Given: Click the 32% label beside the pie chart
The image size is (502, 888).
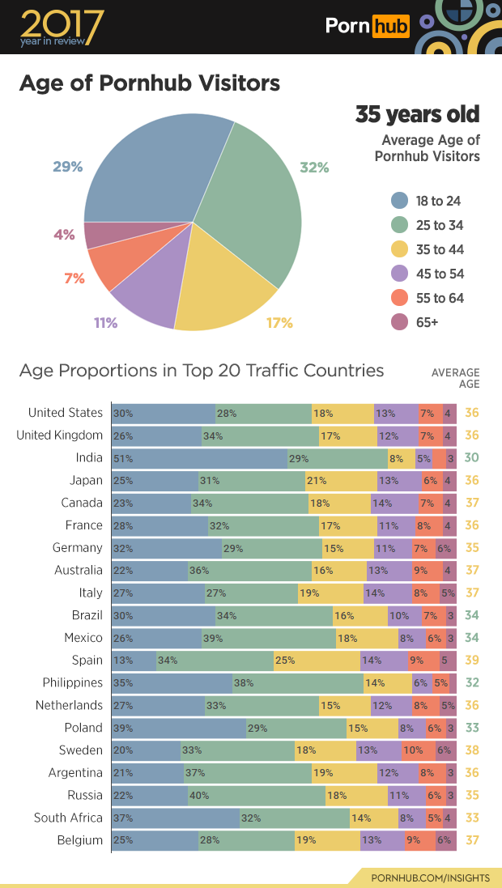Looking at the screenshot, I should coord(314,168).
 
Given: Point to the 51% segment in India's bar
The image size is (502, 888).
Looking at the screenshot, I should coord(199,458).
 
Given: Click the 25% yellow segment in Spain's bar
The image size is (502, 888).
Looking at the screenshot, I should coord(317,661).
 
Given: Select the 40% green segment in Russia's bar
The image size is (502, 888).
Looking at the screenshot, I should coord(256,796).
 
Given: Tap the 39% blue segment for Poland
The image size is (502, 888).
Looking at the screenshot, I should coord(178,728).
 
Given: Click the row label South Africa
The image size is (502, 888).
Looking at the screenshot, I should coord(68,818).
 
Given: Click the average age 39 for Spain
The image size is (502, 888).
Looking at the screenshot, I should coord(472,661).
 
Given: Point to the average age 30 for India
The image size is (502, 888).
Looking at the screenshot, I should coord(472,458).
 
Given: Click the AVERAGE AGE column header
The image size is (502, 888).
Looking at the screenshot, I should coord(456,378).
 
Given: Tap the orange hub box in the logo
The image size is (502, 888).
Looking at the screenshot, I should coord(390,27).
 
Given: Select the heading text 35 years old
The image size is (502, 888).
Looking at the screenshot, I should coord(417,115).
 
